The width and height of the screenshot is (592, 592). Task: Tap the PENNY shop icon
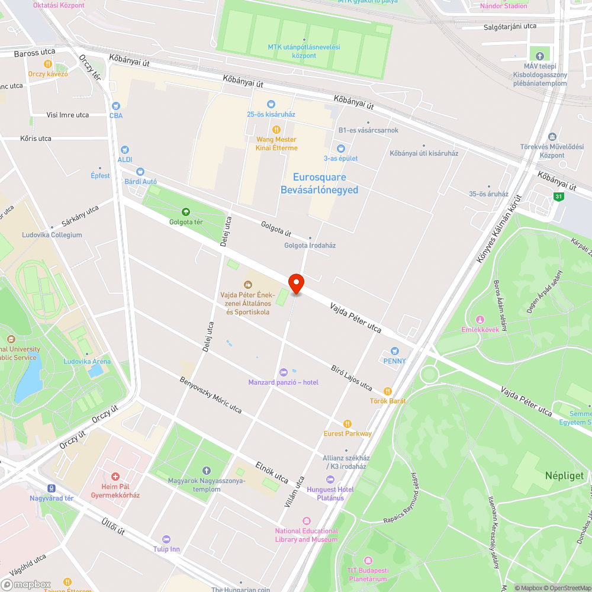click(395, 351)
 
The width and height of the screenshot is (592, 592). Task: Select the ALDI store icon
click(124, 150)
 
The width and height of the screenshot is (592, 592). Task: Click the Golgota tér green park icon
click(186, 212)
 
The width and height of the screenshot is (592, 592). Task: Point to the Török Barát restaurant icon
click(388, 391)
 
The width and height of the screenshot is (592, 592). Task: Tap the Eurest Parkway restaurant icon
click(348, 424)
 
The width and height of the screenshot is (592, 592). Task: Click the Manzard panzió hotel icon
click(283, 372)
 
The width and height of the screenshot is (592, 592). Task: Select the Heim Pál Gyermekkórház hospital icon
click(115, 476)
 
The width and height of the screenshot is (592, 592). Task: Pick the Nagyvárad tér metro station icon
click(52, 488)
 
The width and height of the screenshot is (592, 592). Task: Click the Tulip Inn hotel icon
click(166, 539)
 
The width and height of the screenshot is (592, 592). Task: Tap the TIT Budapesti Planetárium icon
click(368, 560)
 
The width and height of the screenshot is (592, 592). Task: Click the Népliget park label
click(564, 475)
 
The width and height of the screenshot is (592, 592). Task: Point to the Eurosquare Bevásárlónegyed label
click(319, 184)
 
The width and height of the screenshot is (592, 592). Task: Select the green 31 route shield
click(558, 197)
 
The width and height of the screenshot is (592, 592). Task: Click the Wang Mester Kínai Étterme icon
click(276, 130)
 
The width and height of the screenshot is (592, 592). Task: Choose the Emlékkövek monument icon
click(480, 320)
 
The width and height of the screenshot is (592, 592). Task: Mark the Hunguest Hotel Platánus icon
click(330, 480)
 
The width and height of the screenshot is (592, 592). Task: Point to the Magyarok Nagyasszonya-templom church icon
click(206, 470)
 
